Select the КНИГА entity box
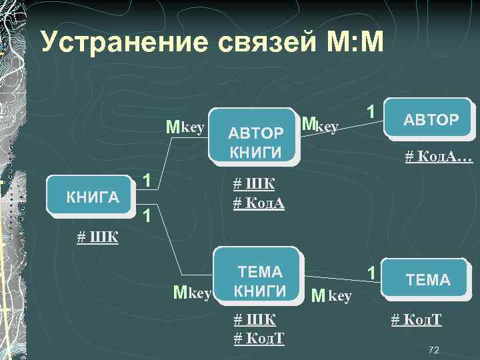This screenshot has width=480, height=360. (x=93, y=196)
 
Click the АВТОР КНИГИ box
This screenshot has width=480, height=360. (x=256, y=136)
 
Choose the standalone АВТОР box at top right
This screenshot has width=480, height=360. (x=431, y=120)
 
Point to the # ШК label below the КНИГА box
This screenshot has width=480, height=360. (x=97, y=237)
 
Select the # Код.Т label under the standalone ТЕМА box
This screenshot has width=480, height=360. (x=416, y=320)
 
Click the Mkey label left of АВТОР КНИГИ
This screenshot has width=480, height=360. (x=185, y=127)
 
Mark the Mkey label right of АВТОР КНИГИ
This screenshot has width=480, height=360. (x=321, y=125)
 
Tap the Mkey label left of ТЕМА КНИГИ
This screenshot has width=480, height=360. (x=192, y=292)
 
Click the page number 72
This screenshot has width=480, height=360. (x=434, y=349)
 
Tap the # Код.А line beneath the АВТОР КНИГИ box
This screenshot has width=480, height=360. (x=259, y=203)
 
